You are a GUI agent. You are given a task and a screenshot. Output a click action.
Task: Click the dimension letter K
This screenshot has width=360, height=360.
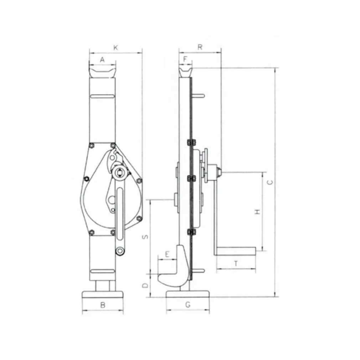pos(116,47)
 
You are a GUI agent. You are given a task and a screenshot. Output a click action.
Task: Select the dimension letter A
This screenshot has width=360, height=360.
pos(102,60)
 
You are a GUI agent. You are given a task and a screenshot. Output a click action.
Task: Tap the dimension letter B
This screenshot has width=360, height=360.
pos(103,305)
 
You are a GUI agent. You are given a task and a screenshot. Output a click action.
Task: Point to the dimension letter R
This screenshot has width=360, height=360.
pos(200,47)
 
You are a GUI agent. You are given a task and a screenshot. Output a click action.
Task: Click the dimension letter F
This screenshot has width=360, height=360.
pos(185,60)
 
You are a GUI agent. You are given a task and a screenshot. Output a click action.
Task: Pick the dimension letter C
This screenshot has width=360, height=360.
pos(271,182)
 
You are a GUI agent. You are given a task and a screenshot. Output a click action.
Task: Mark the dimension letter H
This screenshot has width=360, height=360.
pos(258,211)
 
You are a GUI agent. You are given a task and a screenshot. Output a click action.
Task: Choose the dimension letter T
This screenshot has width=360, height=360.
pos(236,263)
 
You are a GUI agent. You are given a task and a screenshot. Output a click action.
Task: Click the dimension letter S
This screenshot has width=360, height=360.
pos(145,237)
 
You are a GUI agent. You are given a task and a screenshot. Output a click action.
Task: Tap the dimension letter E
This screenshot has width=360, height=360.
pos(167,254)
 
